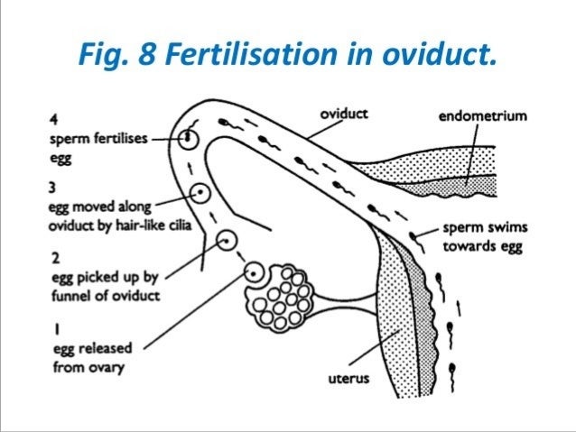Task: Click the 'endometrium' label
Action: (484, 115)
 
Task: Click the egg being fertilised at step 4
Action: (189, 138)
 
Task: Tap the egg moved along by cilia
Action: (201, 192)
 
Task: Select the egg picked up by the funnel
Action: (227, 239)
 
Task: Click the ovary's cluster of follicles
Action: (287, 296)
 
